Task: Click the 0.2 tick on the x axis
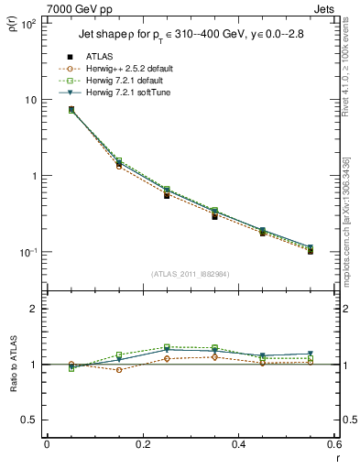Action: pyautogui.click(x=143, y=445)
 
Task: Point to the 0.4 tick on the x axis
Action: pyautogui.click(x=238, y=445)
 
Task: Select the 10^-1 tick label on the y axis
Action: pyautogui.click(x=27, y=252)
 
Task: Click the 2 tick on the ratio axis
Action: pyautogui.click(x=33, y=309)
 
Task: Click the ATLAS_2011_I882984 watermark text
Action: pyautogui.click(x=191, y=273)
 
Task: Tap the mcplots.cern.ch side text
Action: pyautogui.click(x=347, y=220)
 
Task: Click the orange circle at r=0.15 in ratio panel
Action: pyautogui.click(x=119, y=370)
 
